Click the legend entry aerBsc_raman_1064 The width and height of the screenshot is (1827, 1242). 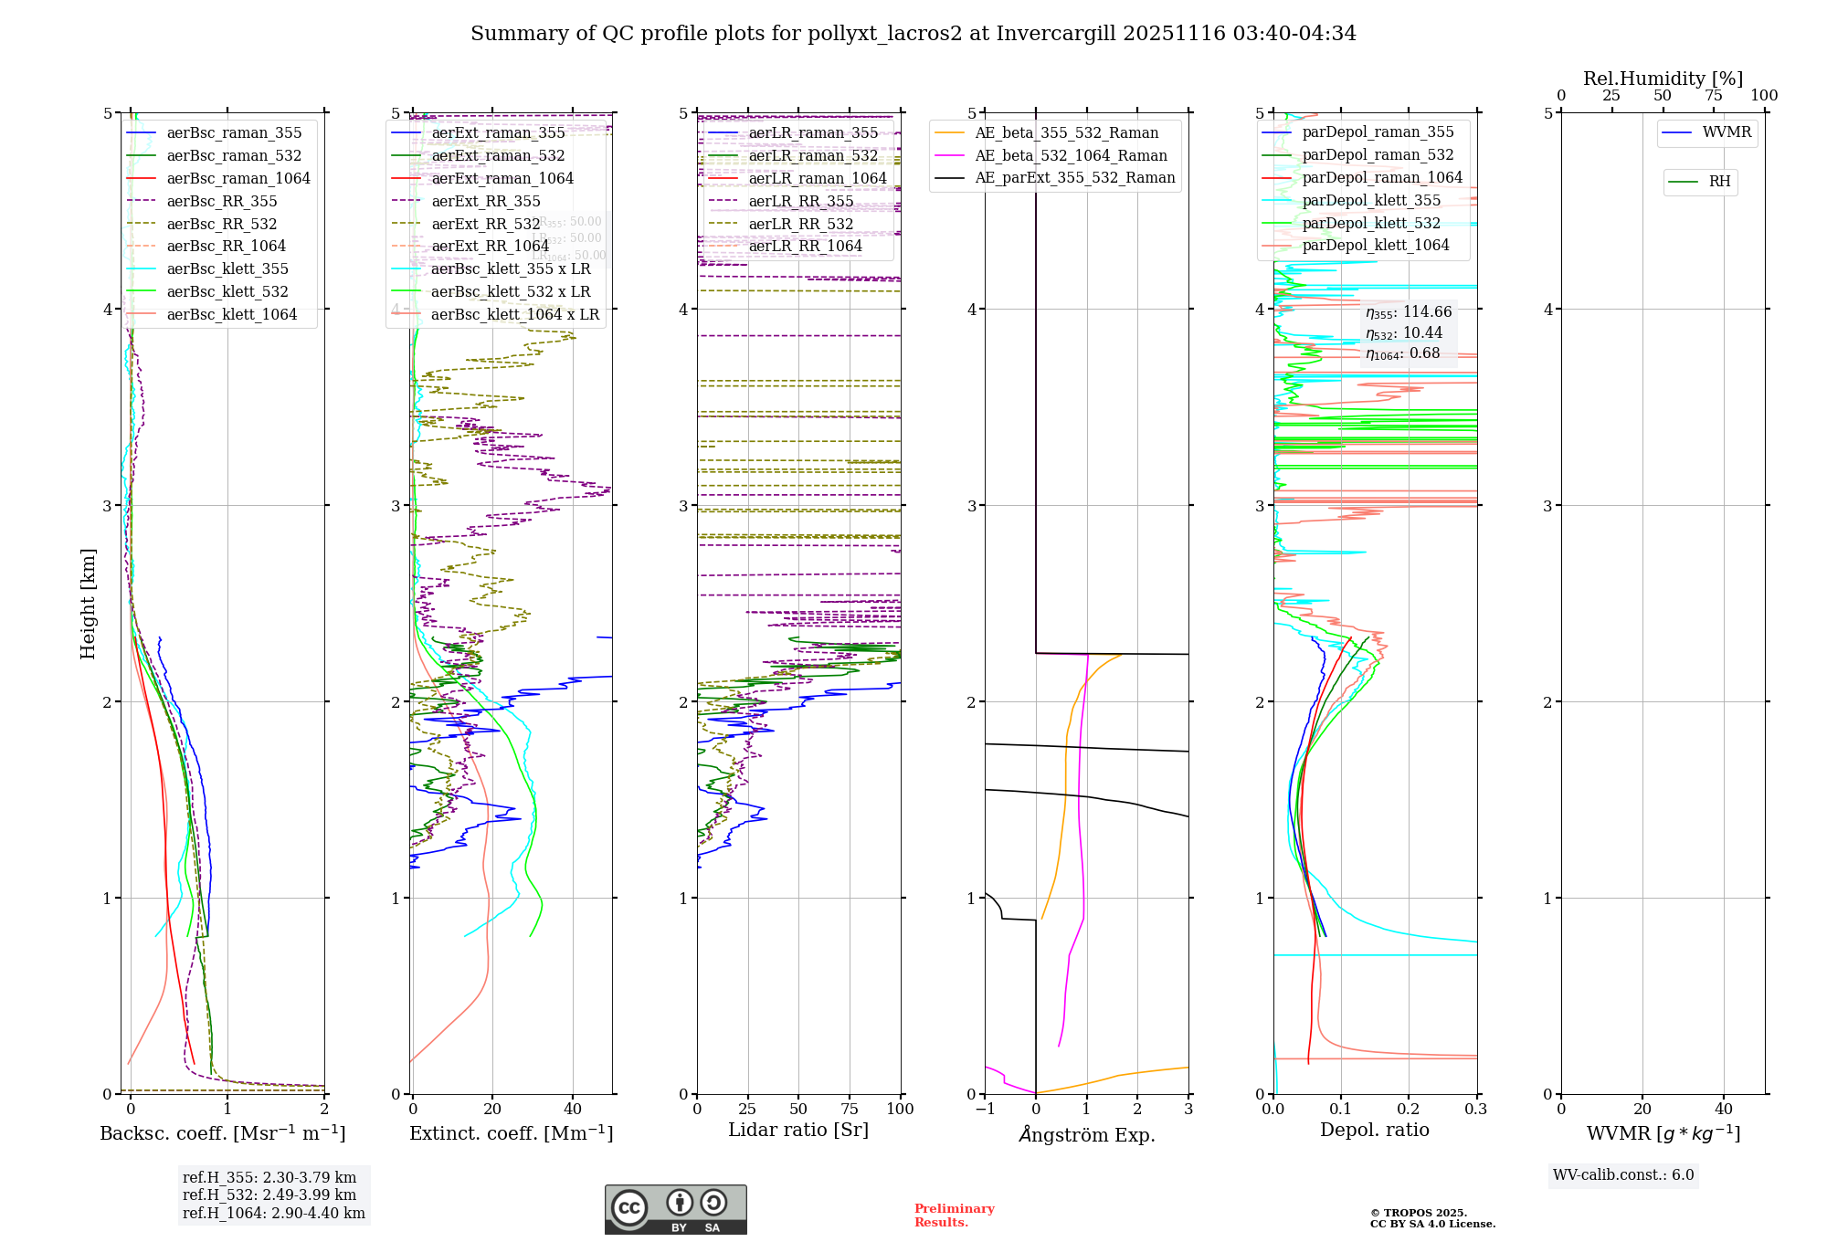click(238, 178)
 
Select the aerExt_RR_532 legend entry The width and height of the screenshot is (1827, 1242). click(486, 224)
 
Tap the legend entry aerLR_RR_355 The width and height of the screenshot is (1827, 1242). click(801, 201)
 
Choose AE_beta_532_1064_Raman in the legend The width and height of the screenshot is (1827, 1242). click(1071, 155)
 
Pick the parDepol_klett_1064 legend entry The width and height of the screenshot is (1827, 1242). click(1376, 245)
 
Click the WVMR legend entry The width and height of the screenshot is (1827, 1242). click(1727, 132)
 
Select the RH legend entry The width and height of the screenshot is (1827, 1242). click(1719, 182)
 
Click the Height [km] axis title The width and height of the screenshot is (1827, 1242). click(88, 604)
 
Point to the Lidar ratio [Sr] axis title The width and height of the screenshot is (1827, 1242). click(797, 1130)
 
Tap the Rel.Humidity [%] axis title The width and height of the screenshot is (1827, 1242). click(1663, 79)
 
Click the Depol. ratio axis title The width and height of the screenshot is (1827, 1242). click(1374, 1130)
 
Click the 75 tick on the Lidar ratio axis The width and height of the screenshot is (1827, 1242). click(850, 1109)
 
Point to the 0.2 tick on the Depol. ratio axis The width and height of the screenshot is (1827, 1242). click(1409, 1109)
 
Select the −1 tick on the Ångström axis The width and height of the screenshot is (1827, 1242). click(985, 1109)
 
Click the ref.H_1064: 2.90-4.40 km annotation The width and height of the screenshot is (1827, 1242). click(273, 1213)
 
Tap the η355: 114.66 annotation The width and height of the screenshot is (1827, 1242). click(1409, 312)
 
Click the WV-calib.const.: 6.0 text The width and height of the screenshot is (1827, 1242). click(1623, 1175)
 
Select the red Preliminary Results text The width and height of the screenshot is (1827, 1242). click(954, 1216)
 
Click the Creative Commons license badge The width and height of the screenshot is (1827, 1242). click(675, 1209)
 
